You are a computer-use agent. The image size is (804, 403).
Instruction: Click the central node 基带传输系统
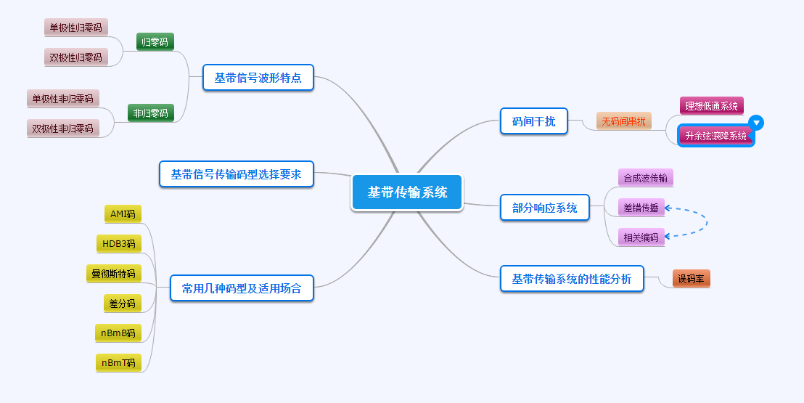click(407, 192)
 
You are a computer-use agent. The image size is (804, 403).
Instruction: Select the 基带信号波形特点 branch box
click(258, 78)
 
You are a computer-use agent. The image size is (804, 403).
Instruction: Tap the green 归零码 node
click(155, 42)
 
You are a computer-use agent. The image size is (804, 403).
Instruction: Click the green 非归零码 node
click(150, 113)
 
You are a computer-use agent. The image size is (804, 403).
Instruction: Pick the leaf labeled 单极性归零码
click(75, 28)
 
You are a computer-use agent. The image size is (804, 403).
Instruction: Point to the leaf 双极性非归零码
click(62, 129)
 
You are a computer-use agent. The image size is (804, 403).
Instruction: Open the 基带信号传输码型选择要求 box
click(236, 174)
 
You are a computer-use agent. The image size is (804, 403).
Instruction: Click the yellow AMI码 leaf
click(123, 213)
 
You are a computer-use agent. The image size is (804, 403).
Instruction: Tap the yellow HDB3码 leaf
click(118, 243)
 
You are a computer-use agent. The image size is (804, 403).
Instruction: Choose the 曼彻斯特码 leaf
click(113, 274)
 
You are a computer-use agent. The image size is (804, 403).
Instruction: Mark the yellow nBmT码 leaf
click(118, 362)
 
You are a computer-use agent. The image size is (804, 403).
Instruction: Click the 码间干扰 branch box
click(533, 121)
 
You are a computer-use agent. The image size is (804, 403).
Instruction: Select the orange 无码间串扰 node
click(624, 121)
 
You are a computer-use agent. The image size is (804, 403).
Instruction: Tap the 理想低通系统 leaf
click(711, 106)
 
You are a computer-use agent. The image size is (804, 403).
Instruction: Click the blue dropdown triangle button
click(756, 123)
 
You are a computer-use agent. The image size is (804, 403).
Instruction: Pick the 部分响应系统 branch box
click(544, 208)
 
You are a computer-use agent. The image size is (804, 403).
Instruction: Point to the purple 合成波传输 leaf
click(641, 178)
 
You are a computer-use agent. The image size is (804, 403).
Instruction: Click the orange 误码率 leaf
click(691, 279)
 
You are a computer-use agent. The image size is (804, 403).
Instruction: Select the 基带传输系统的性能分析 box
click(572, 279)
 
